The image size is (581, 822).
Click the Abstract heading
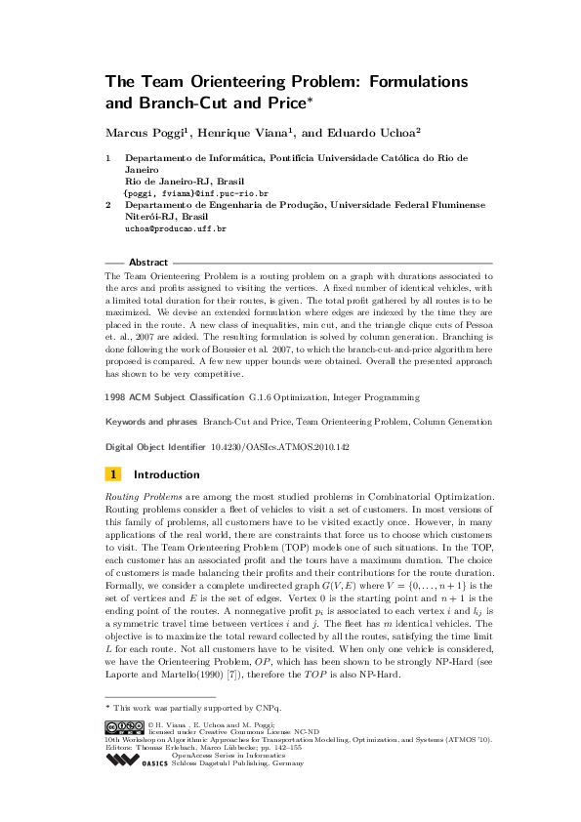click(x=148, y=263)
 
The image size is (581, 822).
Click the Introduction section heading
click(x=166, y=474)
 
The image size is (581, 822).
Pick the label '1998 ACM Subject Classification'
click(x=174, y=397)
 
